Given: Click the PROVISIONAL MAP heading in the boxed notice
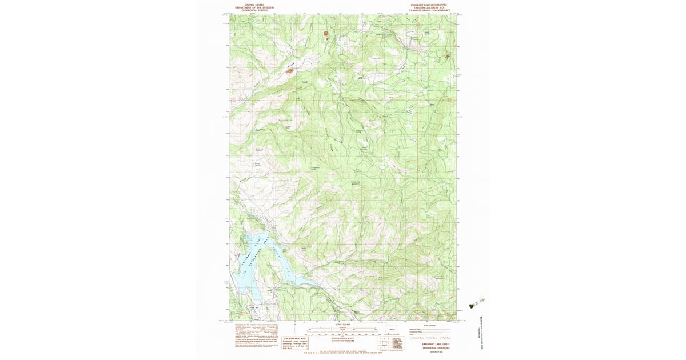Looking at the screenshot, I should [295, 338].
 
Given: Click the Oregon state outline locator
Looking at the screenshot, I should [392, 330].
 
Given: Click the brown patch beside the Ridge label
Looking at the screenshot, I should [290, 71].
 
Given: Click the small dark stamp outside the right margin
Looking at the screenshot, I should [472, 306].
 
